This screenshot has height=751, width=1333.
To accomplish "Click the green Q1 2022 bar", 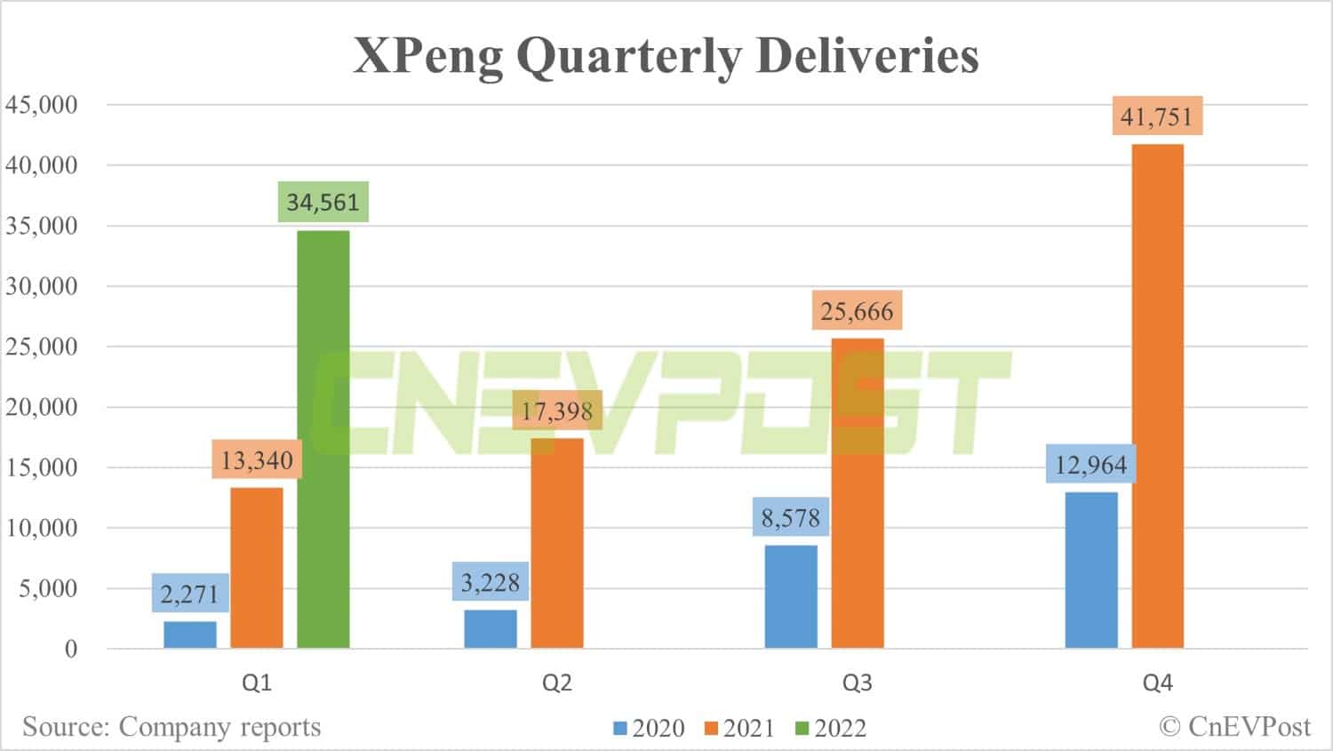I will [x=323, y=439].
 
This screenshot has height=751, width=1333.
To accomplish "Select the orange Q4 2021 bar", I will [x=1157, y=396].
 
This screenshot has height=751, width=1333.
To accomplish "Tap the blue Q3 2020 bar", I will [x=791, y=596].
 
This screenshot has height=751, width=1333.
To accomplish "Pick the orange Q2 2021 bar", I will [x=557, y=543].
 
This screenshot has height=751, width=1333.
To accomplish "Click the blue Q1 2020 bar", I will [x=190, y=635].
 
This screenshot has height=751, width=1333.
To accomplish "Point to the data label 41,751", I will [x=1157, y=116].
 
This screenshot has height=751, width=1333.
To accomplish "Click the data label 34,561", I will [x=323, y=203].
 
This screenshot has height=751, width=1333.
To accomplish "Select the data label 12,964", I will [x=1090, y=465].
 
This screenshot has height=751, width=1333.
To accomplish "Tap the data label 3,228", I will [x=490, y=582].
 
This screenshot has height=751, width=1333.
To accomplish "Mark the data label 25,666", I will [x=857, y=311].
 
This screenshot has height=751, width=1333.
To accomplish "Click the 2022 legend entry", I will [x=830, y=729].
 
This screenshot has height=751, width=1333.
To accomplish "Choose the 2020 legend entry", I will [x=649, y=729].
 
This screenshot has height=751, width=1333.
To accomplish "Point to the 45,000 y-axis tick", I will [x=42, y=105].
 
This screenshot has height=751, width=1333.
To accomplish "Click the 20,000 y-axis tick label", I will [x=42, y=407].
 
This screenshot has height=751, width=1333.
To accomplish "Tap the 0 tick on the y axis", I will [x=71, y=649].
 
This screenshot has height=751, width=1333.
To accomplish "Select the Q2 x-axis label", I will [x=557, y=683].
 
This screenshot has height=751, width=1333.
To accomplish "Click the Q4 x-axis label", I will [x=1157, y=683].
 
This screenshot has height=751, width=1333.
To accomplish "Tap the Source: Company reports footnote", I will [x=172, y=727].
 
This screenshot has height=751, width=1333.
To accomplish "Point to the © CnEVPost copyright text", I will [x=1235, y=727].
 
